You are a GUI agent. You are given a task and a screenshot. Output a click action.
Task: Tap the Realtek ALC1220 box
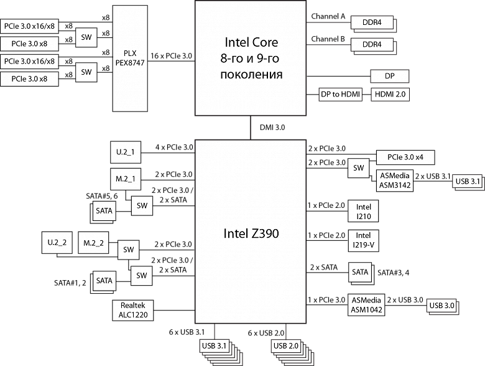click(x=134, y=310)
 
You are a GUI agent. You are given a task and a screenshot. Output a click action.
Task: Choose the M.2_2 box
click(x=93, y=242)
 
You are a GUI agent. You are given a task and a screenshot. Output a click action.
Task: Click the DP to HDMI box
click(x=339, y=95)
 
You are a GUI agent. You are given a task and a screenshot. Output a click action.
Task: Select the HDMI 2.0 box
click(x=390, y=95)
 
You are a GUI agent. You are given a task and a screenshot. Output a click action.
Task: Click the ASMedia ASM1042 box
click(x=367, y=304)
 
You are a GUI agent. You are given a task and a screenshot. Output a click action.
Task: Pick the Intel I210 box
click(x=363, y=211)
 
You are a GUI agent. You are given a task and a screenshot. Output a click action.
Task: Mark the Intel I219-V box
click(x=363, y=240)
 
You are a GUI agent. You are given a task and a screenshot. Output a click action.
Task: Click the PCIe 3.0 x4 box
click(x=405, y=157)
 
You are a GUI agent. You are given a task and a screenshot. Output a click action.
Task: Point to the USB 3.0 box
click(x=441, y=305)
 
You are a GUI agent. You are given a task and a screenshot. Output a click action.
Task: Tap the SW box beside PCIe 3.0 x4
click(x=358, y=168)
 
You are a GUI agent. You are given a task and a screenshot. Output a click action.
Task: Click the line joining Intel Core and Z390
click(x=251, y=128)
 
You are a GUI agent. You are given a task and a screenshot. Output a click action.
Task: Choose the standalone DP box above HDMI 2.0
click(x=390, y=76)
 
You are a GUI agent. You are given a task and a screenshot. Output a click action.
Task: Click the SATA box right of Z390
click(x=360, y=272)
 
